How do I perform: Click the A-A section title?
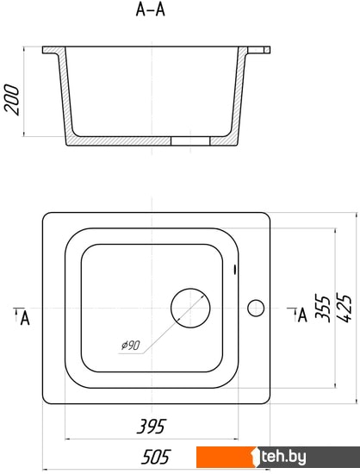(150, 9)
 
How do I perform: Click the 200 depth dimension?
(12, 100)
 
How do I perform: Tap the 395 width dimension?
(152, 427)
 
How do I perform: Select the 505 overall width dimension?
(156, 457)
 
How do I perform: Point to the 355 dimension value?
(322, 308)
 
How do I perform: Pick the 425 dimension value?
(344, 308)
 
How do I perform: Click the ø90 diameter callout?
(130, 345)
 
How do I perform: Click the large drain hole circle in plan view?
(190, 308)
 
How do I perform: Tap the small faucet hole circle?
(256, 308)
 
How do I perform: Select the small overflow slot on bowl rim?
(235, 269)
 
